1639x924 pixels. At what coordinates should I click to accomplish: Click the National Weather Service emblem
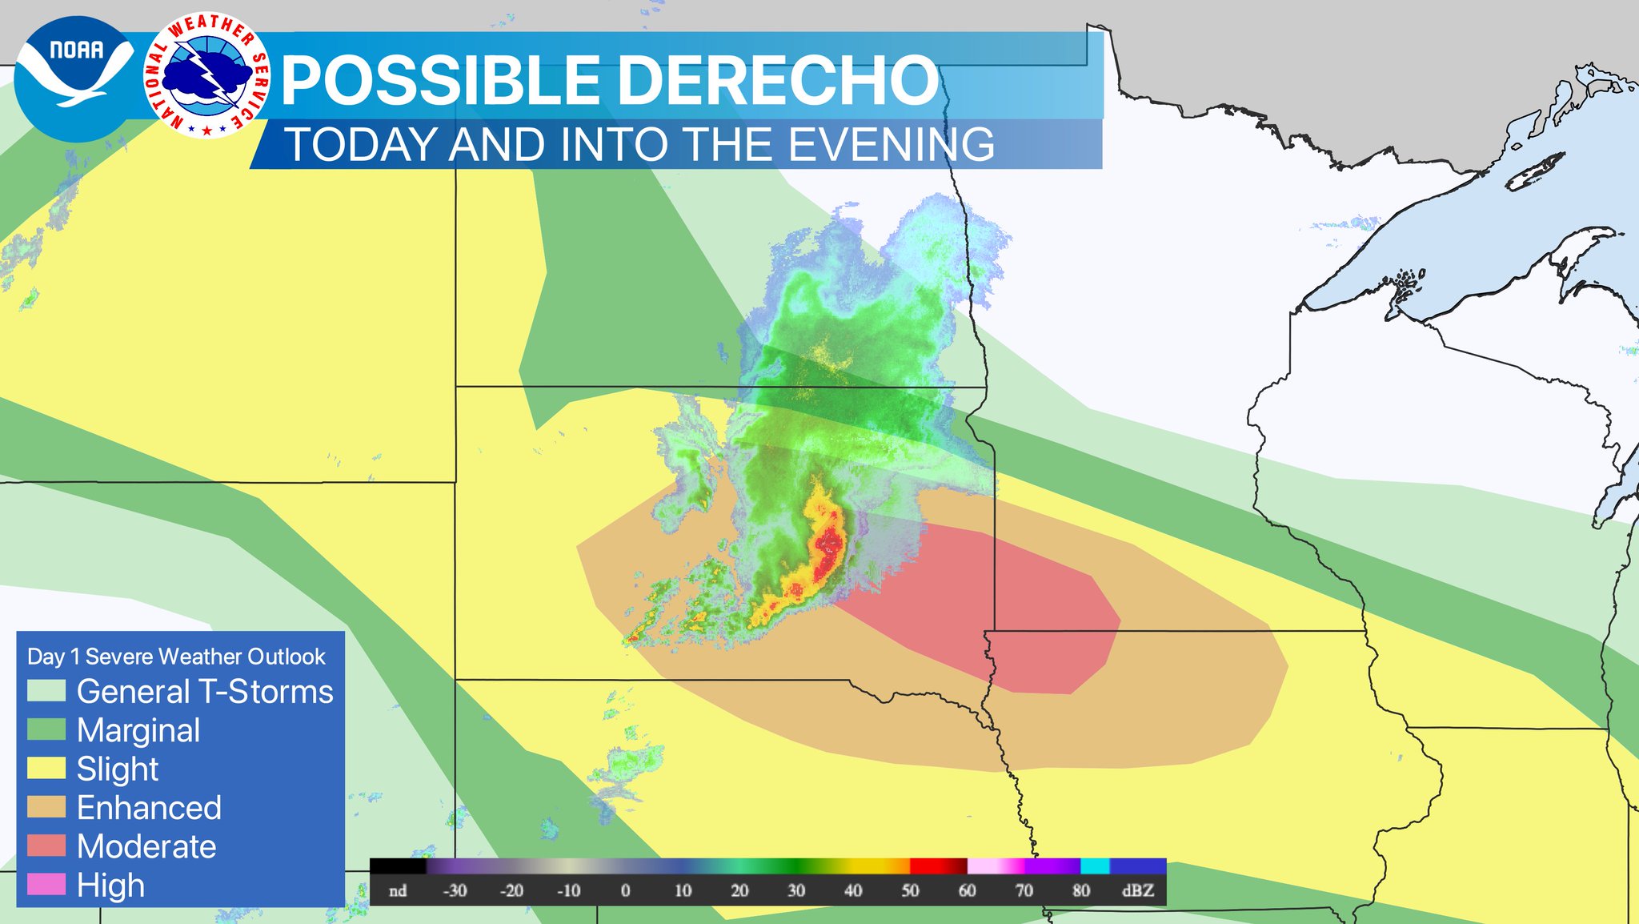207,75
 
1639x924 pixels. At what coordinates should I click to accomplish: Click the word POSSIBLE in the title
441,81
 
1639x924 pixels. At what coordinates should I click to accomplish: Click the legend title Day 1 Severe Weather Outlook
176,657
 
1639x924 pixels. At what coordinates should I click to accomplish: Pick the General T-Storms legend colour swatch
46,691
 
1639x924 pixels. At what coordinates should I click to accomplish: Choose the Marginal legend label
138,730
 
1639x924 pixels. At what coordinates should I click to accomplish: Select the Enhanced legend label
149,807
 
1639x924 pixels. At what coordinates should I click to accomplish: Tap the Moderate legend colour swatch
46,846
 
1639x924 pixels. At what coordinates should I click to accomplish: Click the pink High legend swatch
46,884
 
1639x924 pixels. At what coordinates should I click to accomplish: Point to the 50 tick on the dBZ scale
910,890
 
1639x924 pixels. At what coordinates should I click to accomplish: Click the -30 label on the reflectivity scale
455,890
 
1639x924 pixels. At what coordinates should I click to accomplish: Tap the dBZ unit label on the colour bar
1137,890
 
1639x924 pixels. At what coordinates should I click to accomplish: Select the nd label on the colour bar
398,890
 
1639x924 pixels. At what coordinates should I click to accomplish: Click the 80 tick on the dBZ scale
1080,890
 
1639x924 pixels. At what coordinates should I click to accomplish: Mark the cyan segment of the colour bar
1095,866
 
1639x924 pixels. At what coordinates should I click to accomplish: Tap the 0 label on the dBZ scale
626,890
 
